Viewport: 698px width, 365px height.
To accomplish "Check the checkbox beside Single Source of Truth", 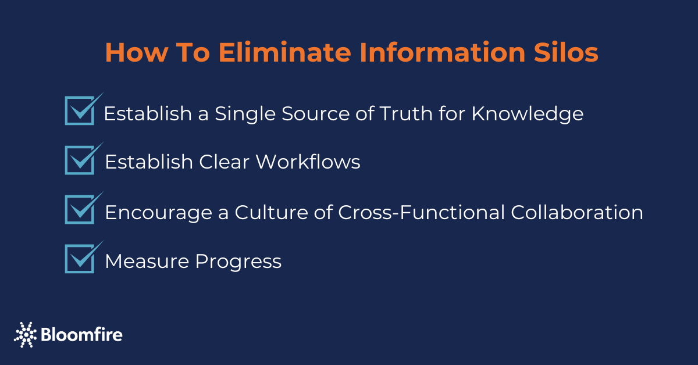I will [x=80, y=110].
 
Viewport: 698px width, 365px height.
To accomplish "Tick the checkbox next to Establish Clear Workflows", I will [x=80, y=160].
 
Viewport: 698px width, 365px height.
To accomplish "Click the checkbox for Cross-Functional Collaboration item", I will [x=80, y=210].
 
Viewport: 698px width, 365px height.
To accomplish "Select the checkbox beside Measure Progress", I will [x=80, y=259].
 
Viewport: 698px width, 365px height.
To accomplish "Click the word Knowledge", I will [x=527, y=113].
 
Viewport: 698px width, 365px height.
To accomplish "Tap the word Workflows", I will [x=308, y=162].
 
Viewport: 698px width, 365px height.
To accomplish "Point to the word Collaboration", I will [x=576, y=212].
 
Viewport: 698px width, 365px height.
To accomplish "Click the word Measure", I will [x=147, y=262].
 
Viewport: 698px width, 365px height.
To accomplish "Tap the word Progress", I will [x=238, y=262].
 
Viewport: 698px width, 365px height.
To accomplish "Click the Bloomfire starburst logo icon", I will [x=25, y=334].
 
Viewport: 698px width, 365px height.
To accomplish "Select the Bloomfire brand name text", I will [x=81, y=335].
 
